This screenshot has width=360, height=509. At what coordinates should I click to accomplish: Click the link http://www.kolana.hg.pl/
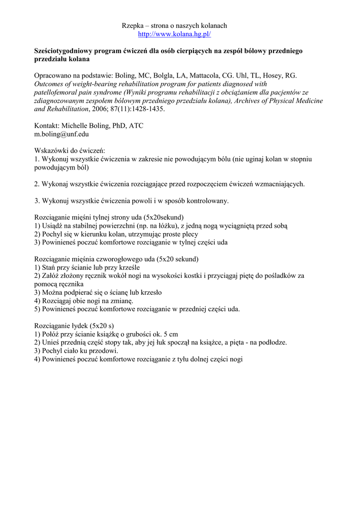tap(175, 34)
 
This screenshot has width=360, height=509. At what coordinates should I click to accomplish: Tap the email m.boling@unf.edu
tap(62, 134)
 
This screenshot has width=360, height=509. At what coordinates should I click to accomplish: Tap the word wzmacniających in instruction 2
tap(279, 184)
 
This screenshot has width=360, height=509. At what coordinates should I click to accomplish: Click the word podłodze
tap(272, 342)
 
